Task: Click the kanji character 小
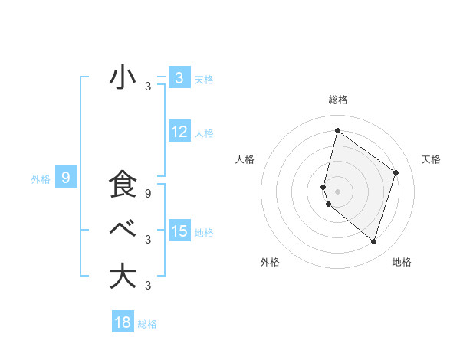click(123, 77)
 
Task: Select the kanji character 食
click(123, 185)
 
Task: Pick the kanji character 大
click(123, 276)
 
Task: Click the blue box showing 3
click(179, 77)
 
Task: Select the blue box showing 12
click(179, 132)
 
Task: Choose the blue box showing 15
click(179, 231)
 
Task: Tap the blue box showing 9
click(66, 178)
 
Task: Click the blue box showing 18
click(123, 322)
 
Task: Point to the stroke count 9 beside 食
click(148, 194)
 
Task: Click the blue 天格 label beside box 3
click(204, 79)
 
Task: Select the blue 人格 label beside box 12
click(204, 133)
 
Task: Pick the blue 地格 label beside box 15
click(204, 233)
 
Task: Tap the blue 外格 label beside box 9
click(41, 180)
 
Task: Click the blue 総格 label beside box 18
click(147, 324)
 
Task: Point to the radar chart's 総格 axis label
click(338, 100)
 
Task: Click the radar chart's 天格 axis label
click(431, 159)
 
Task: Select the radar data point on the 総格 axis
click(337, 131)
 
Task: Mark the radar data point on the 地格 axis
click(374, 241)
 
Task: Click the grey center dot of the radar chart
click(337, 191)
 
